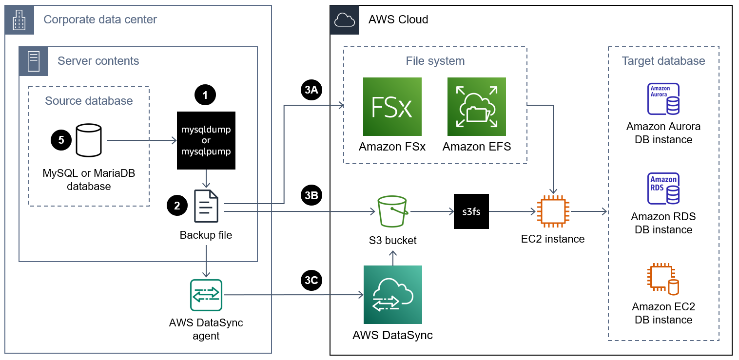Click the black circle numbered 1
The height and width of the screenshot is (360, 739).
point(205,95)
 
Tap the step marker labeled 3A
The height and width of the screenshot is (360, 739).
point(312,90)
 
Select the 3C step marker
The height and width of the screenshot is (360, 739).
point(312,281)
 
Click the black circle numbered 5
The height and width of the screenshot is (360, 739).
point(61,140)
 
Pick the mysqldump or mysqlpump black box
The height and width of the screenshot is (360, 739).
point(206,141)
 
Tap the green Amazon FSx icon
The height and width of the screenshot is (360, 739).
point(392,107)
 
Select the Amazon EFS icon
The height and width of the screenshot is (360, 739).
point(477,107)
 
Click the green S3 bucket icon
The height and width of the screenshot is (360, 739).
point(392,211)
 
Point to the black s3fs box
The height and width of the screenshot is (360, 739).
point(471,211)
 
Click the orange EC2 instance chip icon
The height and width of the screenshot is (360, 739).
point(552,211)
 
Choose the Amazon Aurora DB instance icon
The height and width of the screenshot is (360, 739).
point(663,99)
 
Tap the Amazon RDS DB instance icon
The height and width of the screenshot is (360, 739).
point(663,189)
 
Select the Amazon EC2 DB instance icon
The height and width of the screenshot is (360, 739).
point(663,280)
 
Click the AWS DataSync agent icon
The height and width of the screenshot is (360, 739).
point(206,295)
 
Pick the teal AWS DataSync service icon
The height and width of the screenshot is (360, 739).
point(393,295)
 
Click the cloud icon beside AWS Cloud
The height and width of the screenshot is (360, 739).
point(345,20)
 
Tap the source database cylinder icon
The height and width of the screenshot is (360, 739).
point(89,140)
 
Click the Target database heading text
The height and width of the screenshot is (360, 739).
point(663,61)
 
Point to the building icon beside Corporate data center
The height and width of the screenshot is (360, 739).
point(19,20)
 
